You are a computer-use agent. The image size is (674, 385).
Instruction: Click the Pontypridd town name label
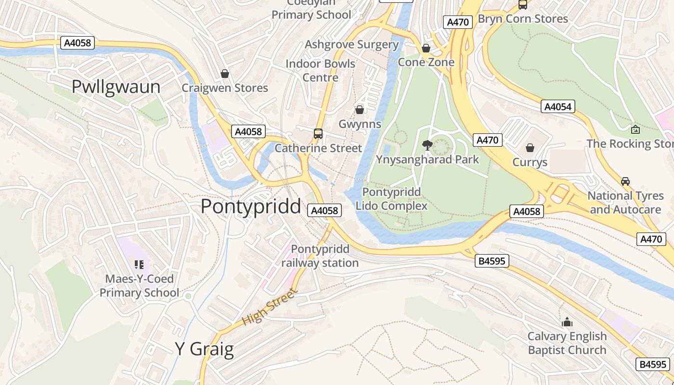250,206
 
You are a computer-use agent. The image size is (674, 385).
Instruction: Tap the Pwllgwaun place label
116,87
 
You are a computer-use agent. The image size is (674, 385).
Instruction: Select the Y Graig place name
204,349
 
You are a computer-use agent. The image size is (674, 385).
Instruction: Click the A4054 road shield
558,106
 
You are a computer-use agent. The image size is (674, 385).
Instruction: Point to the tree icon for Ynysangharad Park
427,145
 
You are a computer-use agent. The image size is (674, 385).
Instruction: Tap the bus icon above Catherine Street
318,134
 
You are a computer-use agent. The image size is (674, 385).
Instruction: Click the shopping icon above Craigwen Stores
225,74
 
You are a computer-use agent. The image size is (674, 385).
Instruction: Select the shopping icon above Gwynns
360,110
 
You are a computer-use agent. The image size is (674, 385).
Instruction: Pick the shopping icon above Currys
530,148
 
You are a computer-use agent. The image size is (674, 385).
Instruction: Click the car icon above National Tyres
625,181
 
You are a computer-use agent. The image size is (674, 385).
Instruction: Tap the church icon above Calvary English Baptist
567,321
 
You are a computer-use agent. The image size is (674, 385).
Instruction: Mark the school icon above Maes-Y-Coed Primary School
139,264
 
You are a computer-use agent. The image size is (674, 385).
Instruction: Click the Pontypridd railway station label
320,256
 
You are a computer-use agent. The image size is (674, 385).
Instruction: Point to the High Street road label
270,306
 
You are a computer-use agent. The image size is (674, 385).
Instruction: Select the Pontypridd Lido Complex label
391,199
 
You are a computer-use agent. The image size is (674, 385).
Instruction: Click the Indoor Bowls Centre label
320,70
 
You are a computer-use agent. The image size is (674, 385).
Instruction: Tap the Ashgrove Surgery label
352,45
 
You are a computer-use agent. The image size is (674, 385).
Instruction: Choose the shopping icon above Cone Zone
426,48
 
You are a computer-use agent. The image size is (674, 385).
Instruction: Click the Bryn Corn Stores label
523,19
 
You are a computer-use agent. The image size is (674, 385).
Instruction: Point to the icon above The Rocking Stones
635,129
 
